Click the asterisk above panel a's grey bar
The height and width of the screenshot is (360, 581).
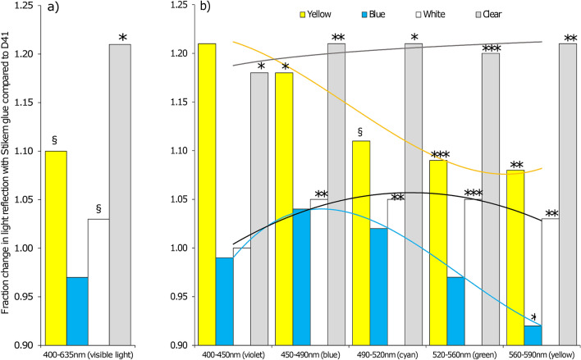pyautogui.click(x=122, y=39)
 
